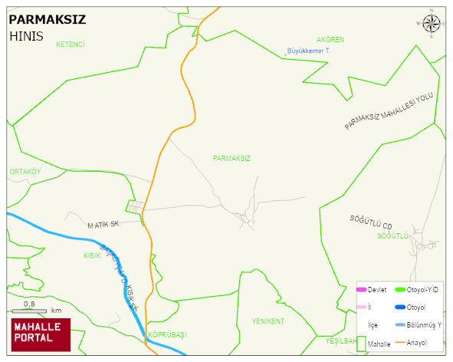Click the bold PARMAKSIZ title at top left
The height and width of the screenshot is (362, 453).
pos(47,19)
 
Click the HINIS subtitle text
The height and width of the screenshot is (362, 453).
pos(27,35)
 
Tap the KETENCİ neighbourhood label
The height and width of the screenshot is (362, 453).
pos(70,44)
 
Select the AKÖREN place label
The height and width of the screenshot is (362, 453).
pos(330,39)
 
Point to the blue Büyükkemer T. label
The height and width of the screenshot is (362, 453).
pos(307,51)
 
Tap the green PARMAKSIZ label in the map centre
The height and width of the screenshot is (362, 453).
pos(231,158)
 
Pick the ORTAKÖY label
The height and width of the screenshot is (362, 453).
pos(25,172)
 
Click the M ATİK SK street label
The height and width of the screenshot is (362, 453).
pos(104,224)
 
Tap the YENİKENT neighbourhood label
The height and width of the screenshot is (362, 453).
pos(268,321)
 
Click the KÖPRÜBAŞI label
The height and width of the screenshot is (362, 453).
pos(167,335)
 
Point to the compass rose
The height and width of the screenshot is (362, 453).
pos(431,25)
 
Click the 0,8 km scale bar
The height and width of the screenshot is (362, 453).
pos(35,310)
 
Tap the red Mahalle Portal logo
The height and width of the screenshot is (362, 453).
pos(41,334)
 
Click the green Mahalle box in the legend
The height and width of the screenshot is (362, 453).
pos(361,343)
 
